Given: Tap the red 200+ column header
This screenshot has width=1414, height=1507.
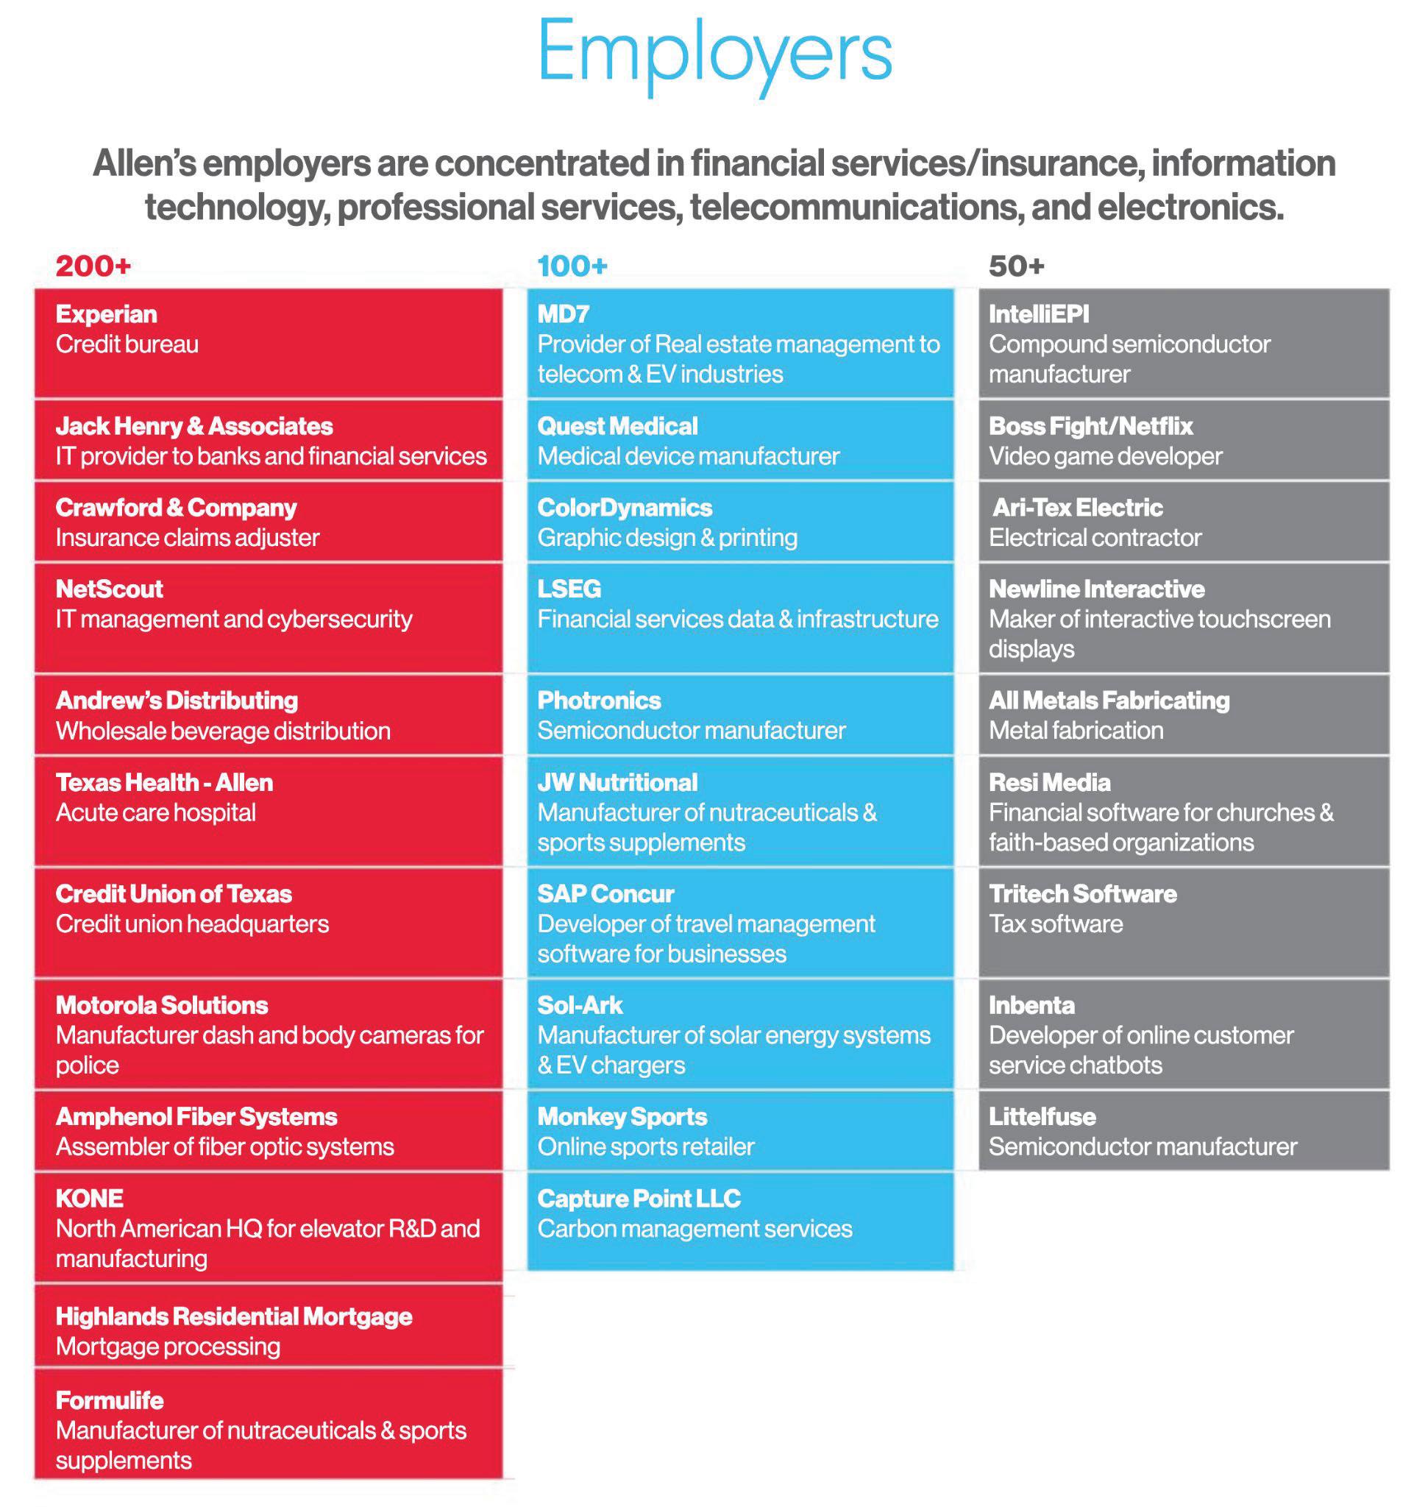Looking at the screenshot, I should (x=93, y=266).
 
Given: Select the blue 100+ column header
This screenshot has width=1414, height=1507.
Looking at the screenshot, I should (x=572, y=266).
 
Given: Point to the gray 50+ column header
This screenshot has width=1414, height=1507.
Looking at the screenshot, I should (x=1016, y=266).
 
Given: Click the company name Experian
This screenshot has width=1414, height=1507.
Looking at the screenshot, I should (x=106, y=313).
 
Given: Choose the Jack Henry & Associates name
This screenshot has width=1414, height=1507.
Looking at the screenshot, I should (x=194, y=426).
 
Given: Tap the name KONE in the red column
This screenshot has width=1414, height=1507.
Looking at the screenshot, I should (x=90, y=1199).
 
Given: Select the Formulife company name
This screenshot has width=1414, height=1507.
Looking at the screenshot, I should (x=110, y=1400).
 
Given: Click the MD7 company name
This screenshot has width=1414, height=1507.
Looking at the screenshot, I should (x=563, y=313).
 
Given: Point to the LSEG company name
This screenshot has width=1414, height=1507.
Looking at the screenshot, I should (x=569, y=589).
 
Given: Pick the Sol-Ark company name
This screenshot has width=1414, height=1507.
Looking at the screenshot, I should (x=580, y=1005).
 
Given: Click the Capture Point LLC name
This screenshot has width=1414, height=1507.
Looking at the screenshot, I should (x=639, y=1199).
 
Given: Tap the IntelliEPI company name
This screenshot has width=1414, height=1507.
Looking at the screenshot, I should (x=1038, y=313).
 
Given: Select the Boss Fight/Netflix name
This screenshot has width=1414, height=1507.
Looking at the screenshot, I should (x=1090, y=426).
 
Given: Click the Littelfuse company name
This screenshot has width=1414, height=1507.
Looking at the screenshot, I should (x=1042, y=1116).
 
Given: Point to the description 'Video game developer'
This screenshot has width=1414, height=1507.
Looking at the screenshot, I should (x=1105, y=456).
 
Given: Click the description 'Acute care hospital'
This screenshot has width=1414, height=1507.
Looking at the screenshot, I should (x=155, y=812).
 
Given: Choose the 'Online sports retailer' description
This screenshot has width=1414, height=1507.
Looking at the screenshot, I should (x=646, y=1147).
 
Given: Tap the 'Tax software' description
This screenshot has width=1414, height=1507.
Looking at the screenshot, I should (x=1056, y=924).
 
